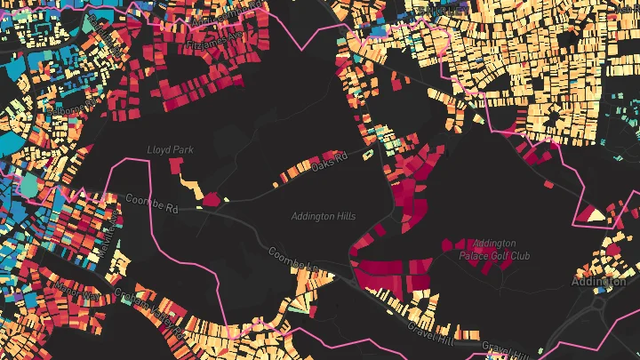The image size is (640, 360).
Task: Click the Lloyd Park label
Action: tap(169, 150)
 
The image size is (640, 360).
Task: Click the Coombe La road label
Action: tap(293, 260)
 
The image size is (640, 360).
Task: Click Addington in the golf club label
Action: tap(494, 244)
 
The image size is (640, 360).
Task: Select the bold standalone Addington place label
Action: tap(598, 282)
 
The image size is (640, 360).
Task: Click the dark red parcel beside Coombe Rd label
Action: tap(212, 200)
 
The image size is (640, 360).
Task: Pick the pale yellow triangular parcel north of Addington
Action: tap(591, 213)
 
